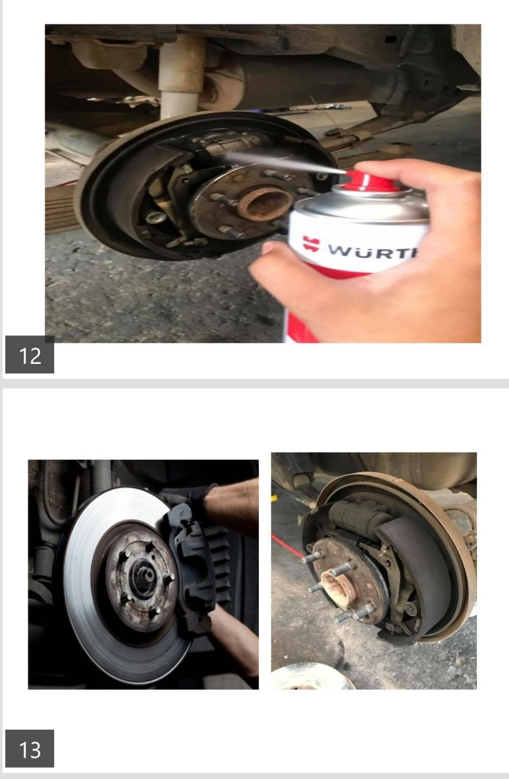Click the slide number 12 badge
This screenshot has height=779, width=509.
click(30, 355)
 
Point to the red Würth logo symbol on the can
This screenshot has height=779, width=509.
click(311, 243)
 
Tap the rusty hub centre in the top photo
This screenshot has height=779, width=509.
click(266, 204)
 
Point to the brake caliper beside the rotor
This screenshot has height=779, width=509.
click(195, 570)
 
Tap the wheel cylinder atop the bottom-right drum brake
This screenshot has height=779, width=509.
click(358, 515)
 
